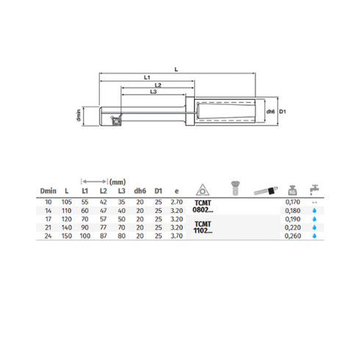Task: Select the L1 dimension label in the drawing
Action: pyautogui.click(x=146, y=78)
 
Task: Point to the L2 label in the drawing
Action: pyautogui.click(x=157, y=86)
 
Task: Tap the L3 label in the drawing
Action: pyautogui.click(x=153, y=93)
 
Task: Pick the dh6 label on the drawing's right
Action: pyautogui.click(x=270, y=112)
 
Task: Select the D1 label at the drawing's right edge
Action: pyautogui.click(x=281, y=112)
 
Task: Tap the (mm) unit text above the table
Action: pyautogui.click(x=117, y=181)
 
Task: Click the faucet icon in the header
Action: pyautogui.click(x=314, y=186)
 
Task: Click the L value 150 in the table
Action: pyautogui.click(x=68, y=237)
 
